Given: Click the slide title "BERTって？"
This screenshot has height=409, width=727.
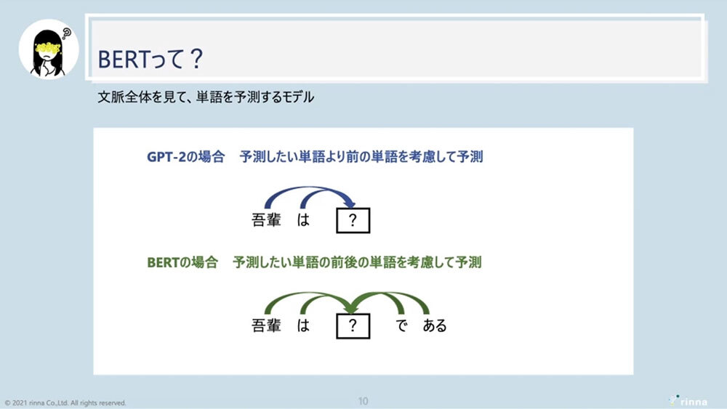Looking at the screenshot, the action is pos(150,59).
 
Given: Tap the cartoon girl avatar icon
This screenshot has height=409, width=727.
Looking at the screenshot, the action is pos(49,49).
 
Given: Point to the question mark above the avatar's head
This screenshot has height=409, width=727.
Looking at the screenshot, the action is pos(67,34).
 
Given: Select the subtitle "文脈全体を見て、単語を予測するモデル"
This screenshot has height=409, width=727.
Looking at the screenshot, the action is pos(206,97).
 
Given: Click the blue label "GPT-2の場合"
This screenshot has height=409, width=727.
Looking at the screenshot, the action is pos(185,157).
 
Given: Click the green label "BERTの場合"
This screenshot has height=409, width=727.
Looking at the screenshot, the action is pos(182,262).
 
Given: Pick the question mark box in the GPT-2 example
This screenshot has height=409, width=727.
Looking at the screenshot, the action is pos(353,220).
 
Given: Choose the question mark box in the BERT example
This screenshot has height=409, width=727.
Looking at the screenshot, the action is pos(353,326).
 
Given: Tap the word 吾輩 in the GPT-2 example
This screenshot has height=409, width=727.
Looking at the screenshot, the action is pos(266,219).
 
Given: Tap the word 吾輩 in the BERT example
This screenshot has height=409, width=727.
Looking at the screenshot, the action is pos(266,325).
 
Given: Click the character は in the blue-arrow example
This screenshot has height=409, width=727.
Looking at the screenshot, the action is pos(303,219).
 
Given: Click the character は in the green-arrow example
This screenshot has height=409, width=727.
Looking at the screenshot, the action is pos(303,325).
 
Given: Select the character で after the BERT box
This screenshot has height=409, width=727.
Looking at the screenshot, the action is pos(401,325).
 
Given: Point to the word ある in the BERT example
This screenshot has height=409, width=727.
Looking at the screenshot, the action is pos(435,325).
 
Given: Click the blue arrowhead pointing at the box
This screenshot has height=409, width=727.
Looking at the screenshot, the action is pos(350,203).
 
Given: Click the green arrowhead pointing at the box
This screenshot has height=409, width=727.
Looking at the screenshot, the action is pos(351,307).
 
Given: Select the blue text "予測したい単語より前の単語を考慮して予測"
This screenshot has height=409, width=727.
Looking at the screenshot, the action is pos(361,157).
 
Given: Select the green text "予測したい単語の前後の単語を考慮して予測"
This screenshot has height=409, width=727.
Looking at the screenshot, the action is pos(357,262).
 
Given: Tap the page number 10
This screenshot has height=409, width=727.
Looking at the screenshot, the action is pos(363,401).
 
